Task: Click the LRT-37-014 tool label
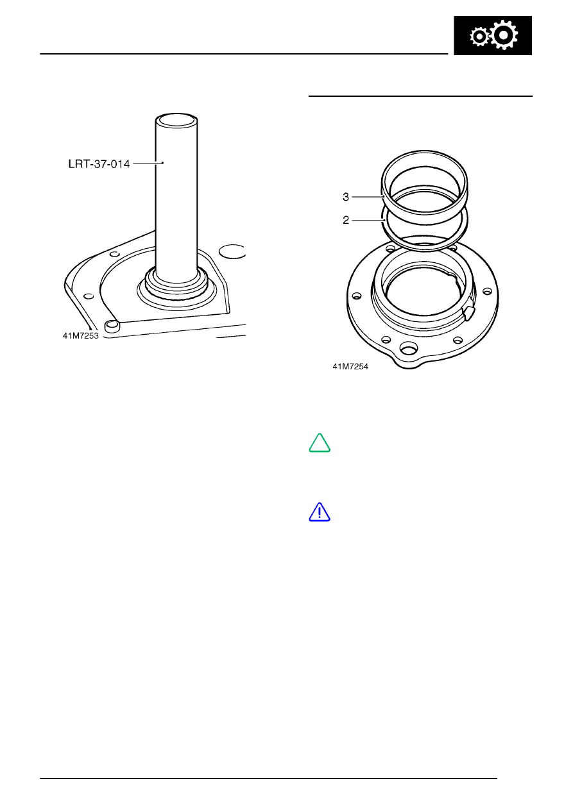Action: [x=99, y=164]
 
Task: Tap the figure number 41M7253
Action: [x=80, y=336]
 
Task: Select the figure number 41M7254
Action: [x=350, y=367]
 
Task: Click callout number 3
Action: [x=346, y=197]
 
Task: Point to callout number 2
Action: [x=346, y=220]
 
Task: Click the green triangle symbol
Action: [x=320, y=442]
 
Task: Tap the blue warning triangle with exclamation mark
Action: [x=320, y=512]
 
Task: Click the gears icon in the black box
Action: [x=493, y=35]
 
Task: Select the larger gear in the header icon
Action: [x=504, y=35]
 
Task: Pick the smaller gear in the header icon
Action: [x=479, y=37]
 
